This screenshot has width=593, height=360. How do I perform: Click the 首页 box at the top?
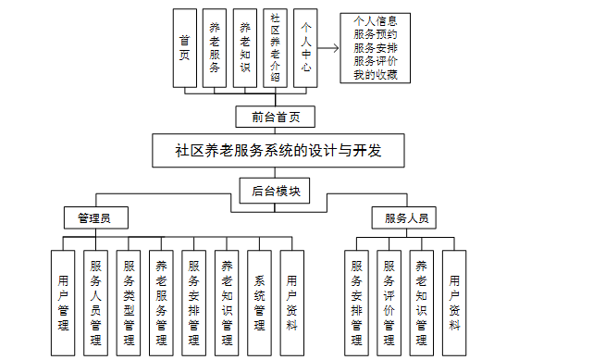[184, 49]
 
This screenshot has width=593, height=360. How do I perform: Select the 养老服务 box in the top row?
[215, 49]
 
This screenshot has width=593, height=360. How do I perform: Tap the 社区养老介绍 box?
[275, 49]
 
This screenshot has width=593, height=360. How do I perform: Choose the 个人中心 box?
[304, 49]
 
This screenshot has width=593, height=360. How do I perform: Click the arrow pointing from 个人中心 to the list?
[327, 49]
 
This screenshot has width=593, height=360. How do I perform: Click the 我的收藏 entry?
[375, 74]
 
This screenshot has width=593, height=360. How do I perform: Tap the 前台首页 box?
[276, 117]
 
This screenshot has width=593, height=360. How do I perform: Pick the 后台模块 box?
[276, 191]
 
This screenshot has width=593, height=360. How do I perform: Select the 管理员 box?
[94, 218]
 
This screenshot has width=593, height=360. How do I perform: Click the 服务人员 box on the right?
[403, 218]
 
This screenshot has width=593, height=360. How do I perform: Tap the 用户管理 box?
[63, 302]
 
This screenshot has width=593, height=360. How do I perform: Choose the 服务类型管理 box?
[129, 302]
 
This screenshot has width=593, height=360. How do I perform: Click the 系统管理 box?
[259, 302]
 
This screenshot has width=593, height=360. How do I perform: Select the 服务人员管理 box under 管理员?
[95, 302]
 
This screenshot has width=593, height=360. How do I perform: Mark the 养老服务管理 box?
[161, 302]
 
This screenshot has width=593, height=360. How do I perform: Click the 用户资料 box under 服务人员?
[454, 302]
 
